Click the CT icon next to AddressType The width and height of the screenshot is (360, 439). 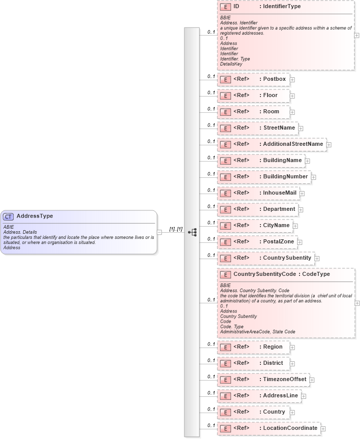[x=9, y=216]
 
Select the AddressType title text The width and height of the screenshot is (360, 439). [x=35, y=216]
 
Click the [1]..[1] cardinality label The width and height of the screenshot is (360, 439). [x=176, y=229]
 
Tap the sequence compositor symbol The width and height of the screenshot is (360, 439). [x=192, y=232]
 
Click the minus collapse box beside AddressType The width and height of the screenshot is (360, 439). [x=159, y=232]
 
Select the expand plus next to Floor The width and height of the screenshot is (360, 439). [x=292, y=96]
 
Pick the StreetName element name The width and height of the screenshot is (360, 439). [x=279, y=128]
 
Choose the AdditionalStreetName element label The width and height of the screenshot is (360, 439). [x=292, y=144]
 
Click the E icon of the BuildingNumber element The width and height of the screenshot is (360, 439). [x=225, y=177]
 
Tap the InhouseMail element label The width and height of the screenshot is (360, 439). [x=279, y=193]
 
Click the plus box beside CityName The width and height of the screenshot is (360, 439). [x=295, y=226]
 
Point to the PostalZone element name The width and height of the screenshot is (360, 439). [x=278, y=242]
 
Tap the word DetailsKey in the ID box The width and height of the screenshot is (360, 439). [x=232, y=64]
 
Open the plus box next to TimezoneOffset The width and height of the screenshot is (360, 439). [x=312, y=380]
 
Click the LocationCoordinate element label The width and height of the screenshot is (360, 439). [x=290, y=428]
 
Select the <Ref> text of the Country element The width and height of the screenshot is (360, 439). [x=241, y=412]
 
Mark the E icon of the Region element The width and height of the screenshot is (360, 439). [x=225, y=348]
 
